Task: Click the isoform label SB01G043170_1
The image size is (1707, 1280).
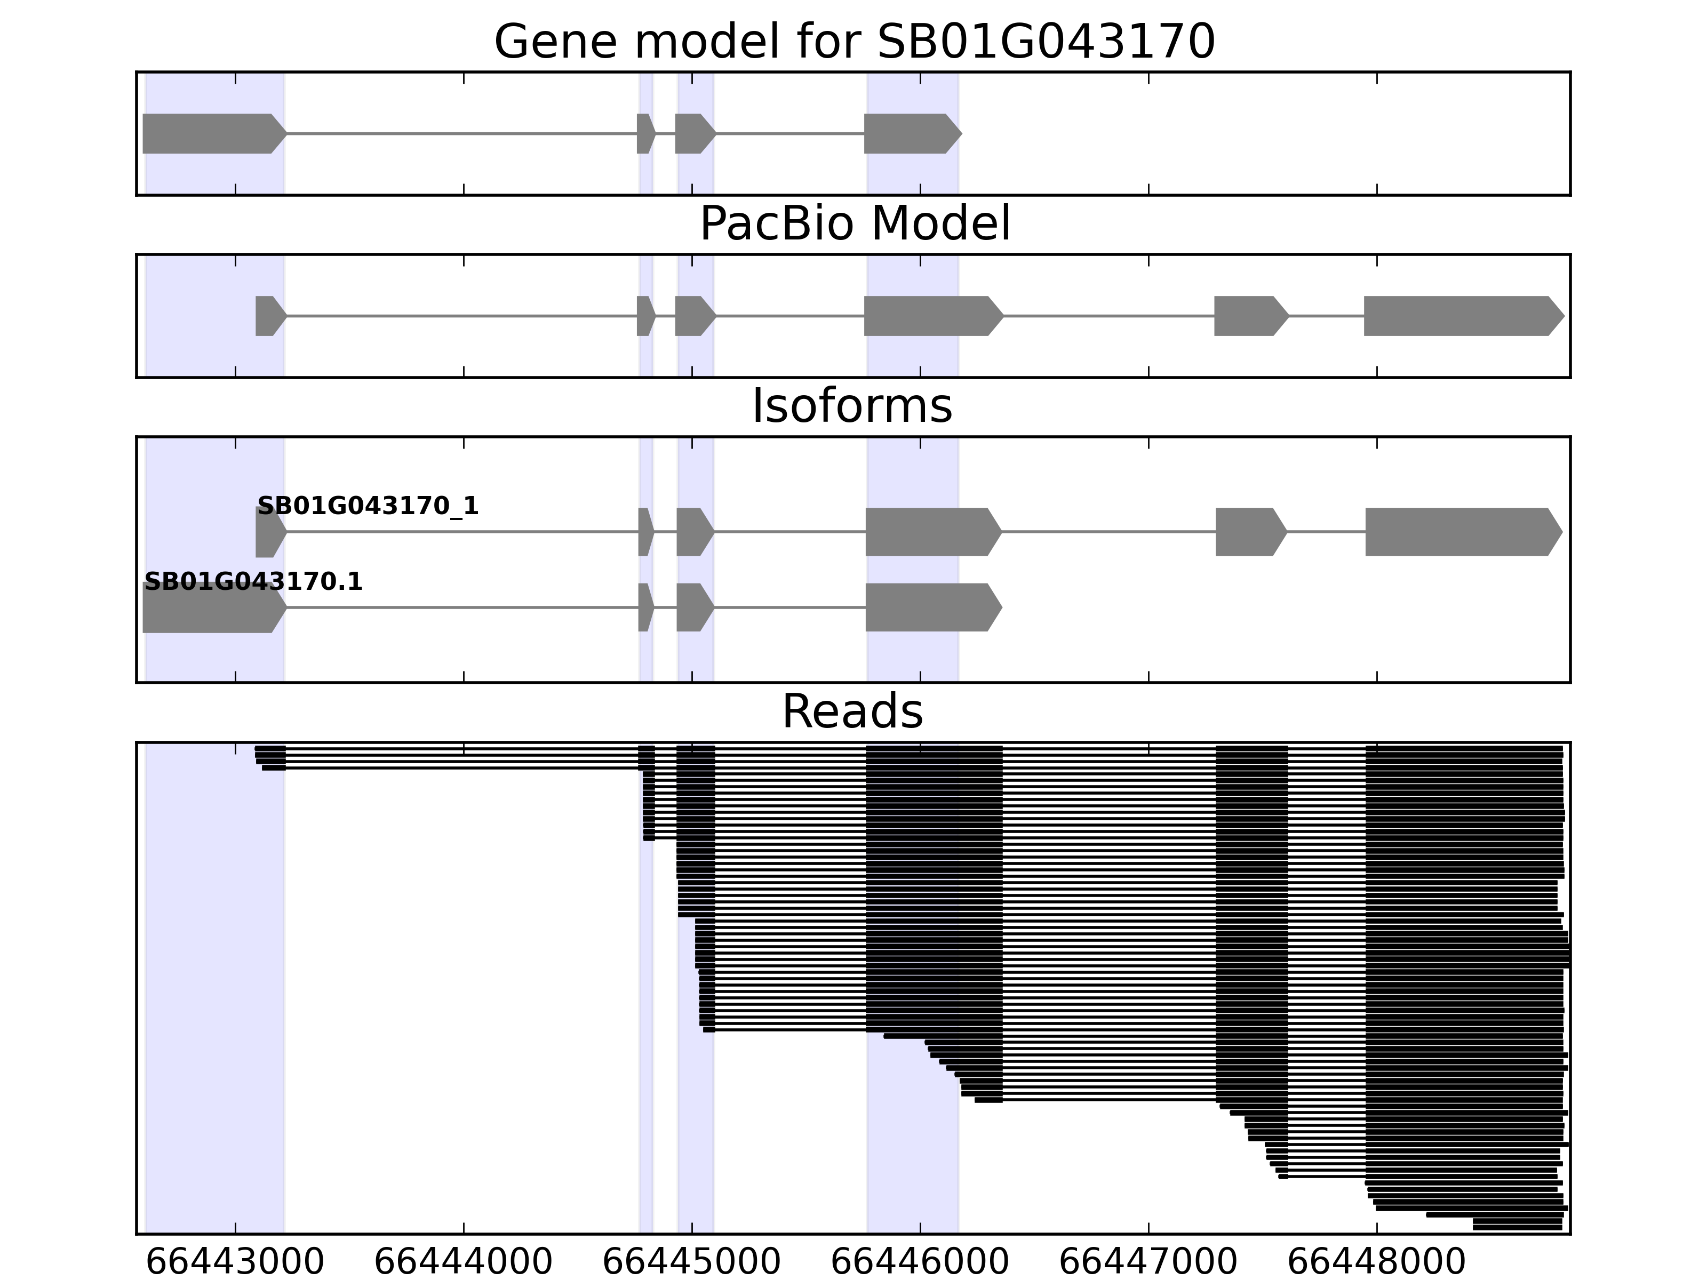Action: (368, 506)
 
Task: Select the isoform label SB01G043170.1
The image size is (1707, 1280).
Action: (253, 582)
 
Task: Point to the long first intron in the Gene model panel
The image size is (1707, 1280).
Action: (461, 133)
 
